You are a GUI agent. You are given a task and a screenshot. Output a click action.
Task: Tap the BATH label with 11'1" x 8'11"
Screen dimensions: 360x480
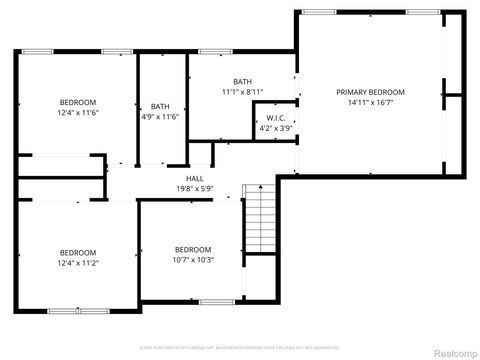242,81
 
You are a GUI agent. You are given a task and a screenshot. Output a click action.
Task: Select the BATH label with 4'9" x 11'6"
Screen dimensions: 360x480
160,106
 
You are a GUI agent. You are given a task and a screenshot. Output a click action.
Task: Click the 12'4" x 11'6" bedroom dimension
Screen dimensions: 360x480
77,114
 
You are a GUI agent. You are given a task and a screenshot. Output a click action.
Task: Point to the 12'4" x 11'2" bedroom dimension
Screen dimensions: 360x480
77,263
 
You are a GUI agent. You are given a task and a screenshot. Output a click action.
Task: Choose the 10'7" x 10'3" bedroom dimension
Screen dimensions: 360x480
193,260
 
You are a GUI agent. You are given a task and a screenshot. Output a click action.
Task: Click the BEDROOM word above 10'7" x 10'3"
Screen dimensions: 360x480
193,249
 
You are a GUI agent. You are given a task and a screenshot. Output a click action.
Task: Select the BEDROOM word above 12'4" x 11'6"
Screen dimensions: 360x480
77,103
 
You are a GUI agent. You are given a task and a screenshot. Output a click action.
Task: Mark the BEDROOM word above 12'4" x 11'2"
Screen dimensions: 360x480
77,252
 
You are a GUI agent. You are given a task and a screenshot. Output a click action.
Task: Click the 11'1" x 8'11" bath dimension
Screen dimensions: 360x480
242,92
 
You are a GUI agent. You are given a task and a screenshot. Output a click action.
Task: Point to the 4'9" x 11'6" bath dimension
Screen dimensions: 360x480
160,117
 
